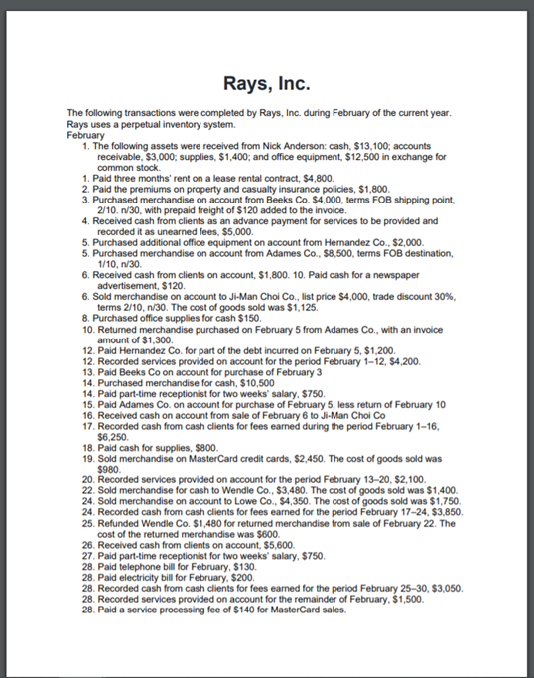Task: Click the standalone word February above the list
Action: coord(85,136)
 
